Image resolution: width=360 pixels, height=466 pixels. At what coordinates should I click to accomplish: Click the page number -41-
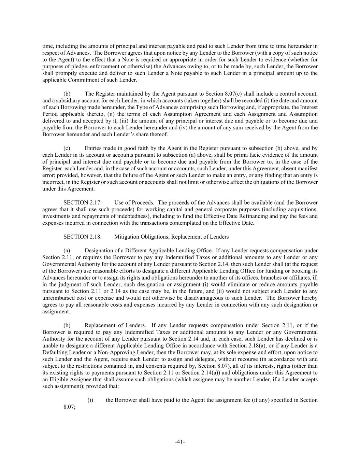tap(180, 442)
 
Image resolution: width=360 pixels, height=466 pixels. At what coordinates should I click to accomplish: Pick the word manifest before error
tap(308, 169)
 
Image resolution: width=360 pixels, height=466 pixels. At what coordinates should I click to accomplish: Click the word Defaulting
tap(55, 352)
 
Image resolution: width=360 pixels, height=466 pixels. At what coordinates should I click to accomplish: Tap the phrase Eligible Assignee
tap(69, 379)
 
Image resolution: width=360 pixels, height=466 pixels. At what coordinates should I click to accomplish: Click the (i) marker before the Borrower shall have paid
tap(90, 400)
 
